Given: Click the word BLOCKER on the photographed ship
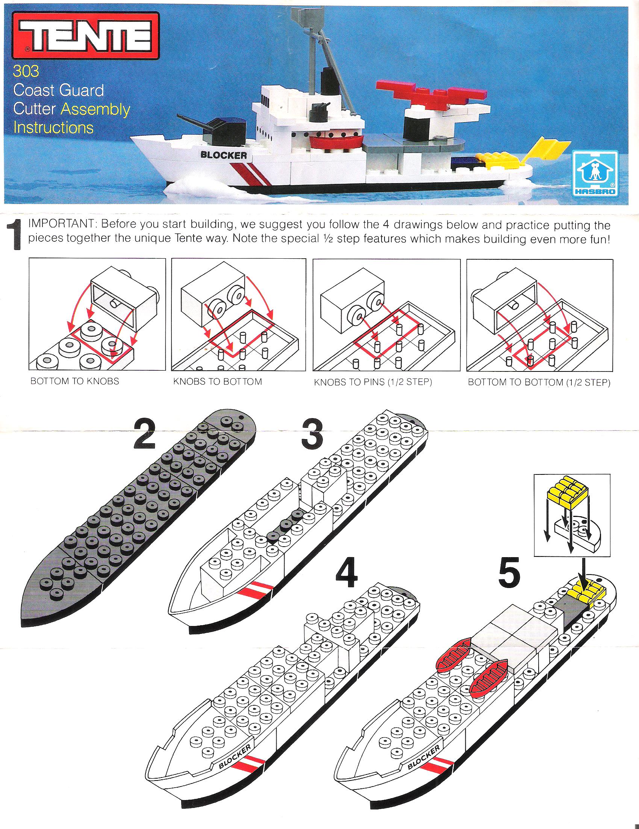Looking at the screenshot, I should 224,155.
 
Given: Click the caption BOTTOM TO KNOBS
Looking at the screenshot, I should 74,381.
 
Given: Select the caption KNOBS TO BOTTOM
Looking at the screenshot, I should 217,381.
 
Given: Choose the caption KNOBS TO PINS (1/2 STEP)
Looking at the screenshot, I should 373,382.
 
